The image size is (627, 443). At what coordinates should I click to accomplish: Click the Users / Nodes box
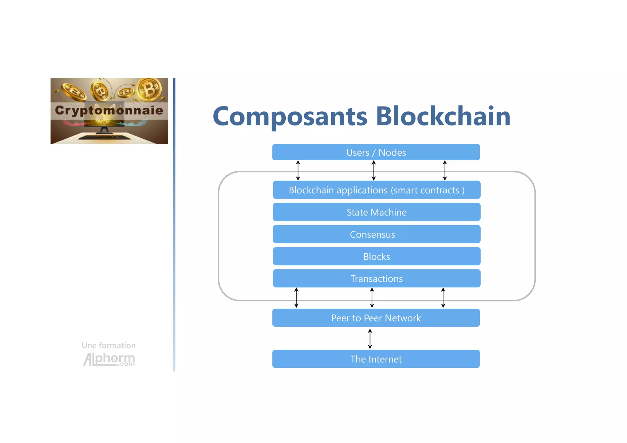[x=376, y=152]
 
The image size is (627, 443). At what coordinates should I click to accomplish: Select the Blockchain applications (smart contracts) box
[x=377, y=190]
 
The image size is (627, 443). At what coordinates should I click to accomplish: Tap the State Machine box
[x=377, y=212]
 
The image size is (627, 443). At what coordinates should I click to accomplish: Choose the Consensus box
[x=377, y=234]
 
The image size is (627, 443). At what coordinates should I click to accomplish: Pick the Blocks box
[x=377, y=256]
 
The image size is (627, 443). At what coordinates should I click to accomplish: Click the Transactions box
[x=377, y=278]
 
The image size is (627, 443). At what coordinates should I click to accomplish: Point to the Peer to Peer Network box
[x=376, y=318]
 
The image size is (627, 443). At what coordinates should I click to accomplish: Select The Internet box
[x=376, y=359]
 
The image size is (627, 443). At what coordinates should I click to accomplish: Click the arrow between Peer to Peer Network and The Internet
[x=370, y=339]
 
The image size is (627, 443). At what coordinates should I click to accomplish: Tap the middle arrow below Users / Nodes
[x=374, y=170]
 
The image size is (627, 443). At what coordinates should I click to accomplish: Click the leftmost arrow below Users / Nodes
[x=298, y=170]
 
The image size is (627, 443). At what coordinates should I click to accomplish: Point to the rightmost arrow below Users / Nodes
[x=445, y=170]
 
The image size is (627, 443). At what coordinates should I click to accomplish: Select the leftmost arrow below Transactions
[x=296, y=297]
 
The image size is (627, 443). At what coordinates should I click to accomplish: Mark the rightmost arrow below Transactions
[x=443, y=297]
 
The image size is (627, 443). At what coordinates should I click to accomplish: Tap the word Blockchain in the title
[x=443, y=116]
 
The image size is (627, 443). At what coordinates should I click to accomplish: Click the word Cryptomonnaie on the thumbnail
[x=109, y=110]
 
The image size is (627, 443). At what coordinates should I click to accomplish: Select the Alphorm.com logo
[x=109, y=359]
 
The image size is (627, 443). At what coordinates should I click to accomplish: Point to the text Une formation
[x=109, y=345]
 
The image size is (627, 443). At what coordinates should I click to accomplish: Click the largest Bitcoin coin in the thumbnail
[x=149, y=89]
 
